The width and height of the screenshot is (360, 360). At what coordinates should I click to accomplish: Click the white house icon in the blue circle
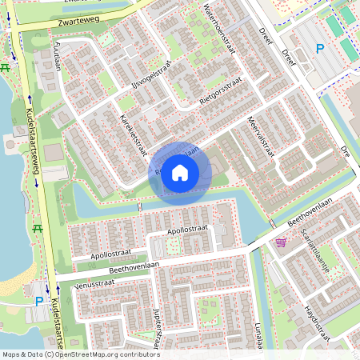[180, 171]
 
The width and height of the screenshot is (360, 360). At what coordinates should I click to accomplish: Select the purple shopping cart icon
[281, 242]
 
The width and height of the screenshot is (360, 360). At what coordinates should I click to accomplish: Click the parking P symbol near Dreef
[320, 49]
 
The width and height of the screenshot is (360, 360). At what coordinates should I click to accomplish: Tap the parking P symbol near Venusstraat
[39, 302]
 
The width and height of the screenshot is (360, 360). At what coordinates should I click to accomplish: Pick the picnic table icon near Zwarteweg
[6, 67]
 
